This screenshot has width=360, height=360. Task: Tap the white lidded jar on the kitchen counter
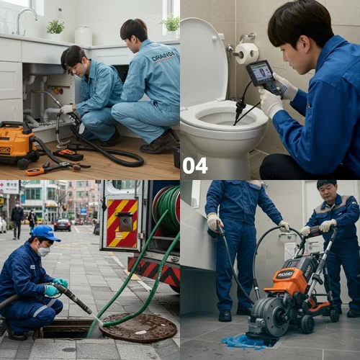[x=84, y=35]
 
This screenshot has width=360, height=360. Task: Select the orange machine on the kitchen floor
[x=17, y=143]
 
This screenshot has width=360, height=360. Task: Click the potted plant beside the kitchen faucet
[x=55, y=27]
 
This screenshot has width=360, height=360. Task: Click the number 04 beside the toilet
[x=194, y=166]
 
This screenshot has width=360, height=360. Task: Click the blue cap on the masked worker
[x=45, y=233]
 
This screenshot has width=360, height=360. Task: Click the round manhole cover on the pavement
[x=138, y=328]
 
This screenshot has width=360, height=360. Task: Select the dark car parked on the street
[x=63, y=225]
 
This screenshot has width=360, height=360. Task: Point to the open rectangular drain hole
[x=65, y=328]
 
